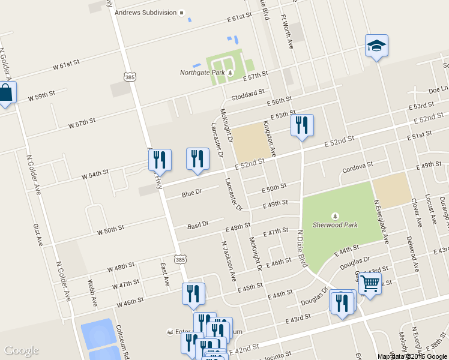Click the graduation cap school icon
click(376, 46)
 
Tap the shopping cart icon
click(370, 282)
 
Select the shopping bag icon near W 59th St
click(5, 93)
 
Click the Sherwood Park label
click(335, 225)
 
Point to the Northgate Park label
click(203, 73)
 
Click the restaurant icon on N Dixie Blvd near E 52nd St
click(301, 125)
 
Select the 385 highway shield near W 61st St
click(130, 77)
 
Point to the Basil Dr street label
click(197, 224)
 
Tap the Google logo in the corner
click(21, 350)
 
